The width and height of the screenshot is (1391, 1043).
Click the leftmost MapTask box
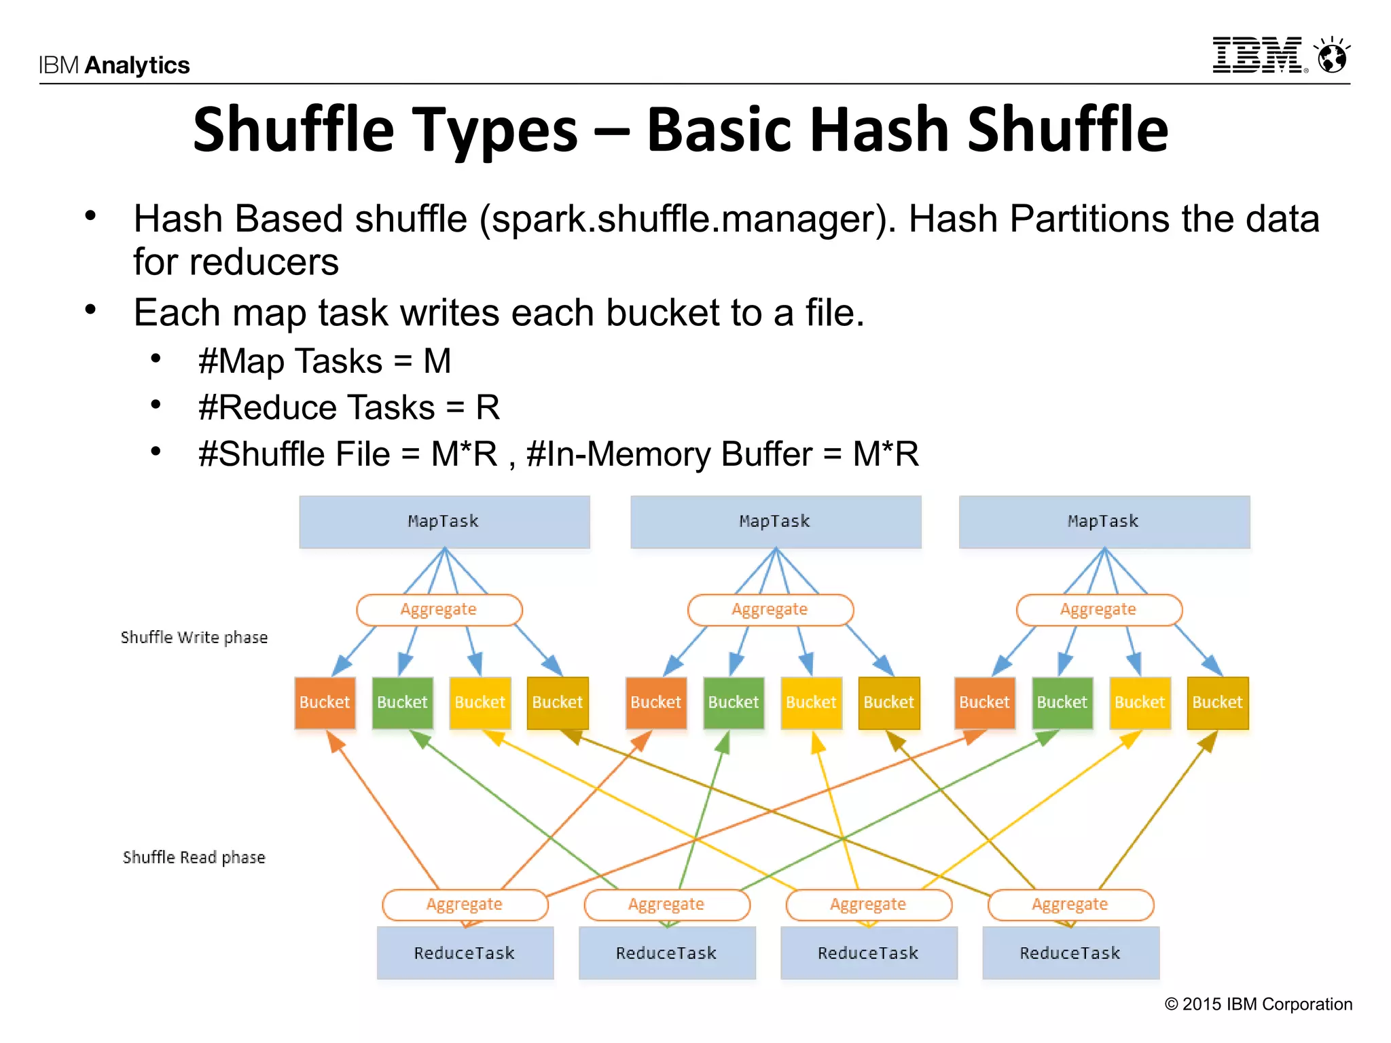[444, 521]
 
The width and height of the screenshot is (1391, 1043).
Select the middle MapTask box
[775, 521]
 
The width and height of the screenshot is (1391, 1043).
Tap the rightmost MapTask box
[1104, 521]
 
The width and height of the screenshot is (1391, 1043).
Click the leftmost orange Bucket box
[325, 702]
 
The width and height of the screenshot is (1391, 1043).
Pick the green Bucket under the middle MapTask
[733, 702]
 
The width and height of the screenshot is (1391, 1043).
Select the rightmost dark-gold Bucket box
[1217, 702]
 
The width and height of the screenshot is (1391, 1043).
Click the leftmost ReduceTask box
[465, 953]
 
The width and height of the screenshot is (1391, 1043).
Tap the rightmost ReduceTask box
[1070, 953]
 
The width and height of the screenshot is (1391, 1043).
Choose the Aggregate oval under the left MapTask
[439, 609]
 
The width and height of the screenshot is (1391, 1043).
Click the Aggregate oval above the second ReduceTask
[666, 904]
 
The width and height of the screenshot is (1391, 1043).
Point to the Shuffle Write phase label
[194, 638]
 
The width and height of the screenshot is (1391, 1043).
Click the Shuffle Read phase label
[194, 857]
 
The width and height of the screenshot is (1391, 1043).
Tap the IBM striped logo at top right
[1257, 55]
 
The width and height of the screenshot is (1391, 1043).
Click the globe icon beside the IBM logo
[1332, 56]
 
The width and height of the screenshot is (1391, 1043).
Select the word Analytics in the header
[137, 65]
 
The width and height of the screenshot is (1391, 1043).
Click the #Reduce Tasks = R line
[348, 407]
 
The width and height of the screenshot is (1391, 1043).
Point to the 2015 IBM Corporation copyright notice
[1259, 1004]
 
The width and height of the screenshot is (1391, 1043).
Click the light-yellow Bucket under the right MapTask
[1140, 702]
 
